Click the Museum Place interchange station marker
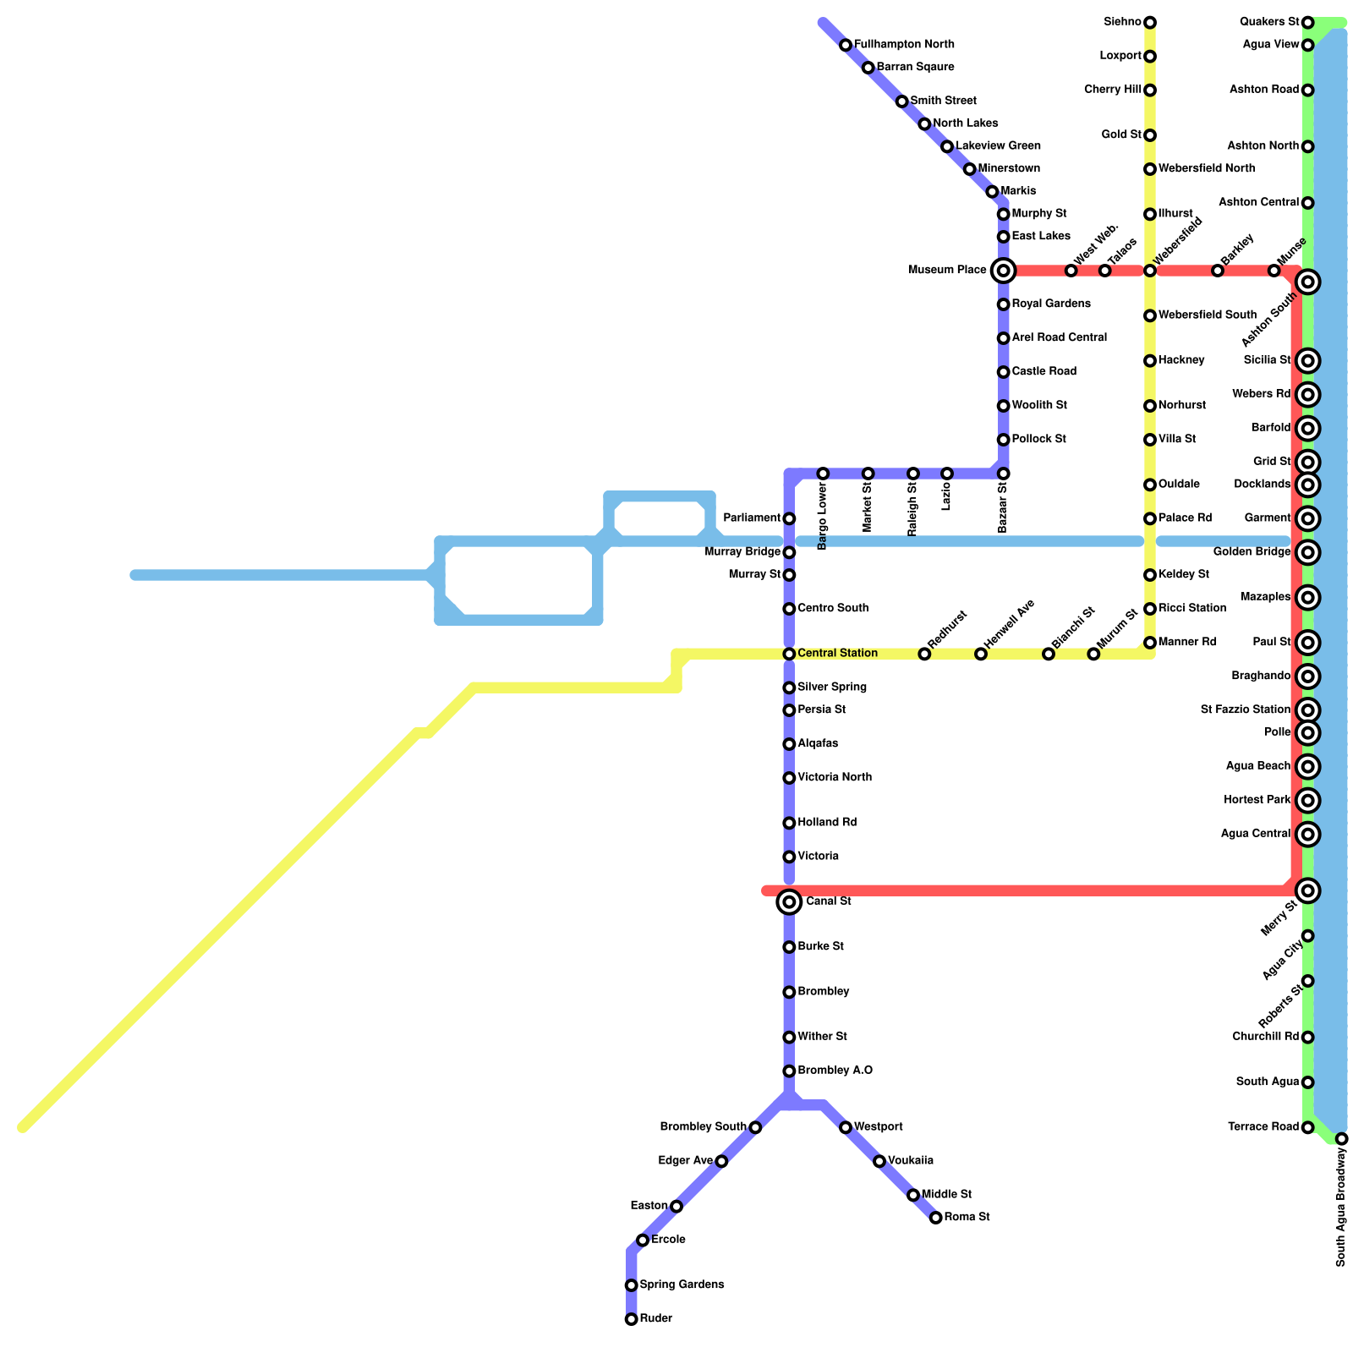pyautogui.click(x=1003, y=271)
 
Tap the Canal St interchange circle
pyautogui.click(x=789, y=902)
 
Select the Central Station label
pyautogui.click(x=837, y=654)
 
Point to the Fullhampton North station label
pyautogui.click(x=904, y=44)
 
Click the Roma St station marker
pyautogui.click(x=935, y=1218)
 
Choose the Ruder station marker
pyautogui.click(x=631, y=1319)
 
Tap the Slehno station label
pyautogui.click(x=1123, y=22)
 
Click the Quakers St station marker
pyautogui.click(x=1307, y=22)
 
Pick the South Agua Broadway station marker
pyautogui.click(x=1341, y=1139)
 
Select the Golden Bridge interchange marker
pyautogui.click(x=1307, y=553)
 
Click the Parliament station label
pyautogui.click(x=752, y=518)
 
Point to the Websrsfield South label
pyautogui.click(x=1208, y=315)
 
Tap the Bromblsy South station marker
pyautogui.click(x=755, y=1127)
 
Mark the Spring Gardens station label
pyautogui.click(x=682, y=1285)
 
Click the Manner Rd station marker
pyautogui.click(x=1150, y=643)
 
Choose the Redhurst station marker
pyautogui.click(x=924, y=655)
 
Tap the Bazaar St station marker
pyautogui.click(x=1003, y=474)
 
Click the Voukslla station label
pyautogui.click(x=911, y=1161)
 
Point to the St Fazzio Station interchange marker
pyautogui.click(x=1307, y=710)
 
